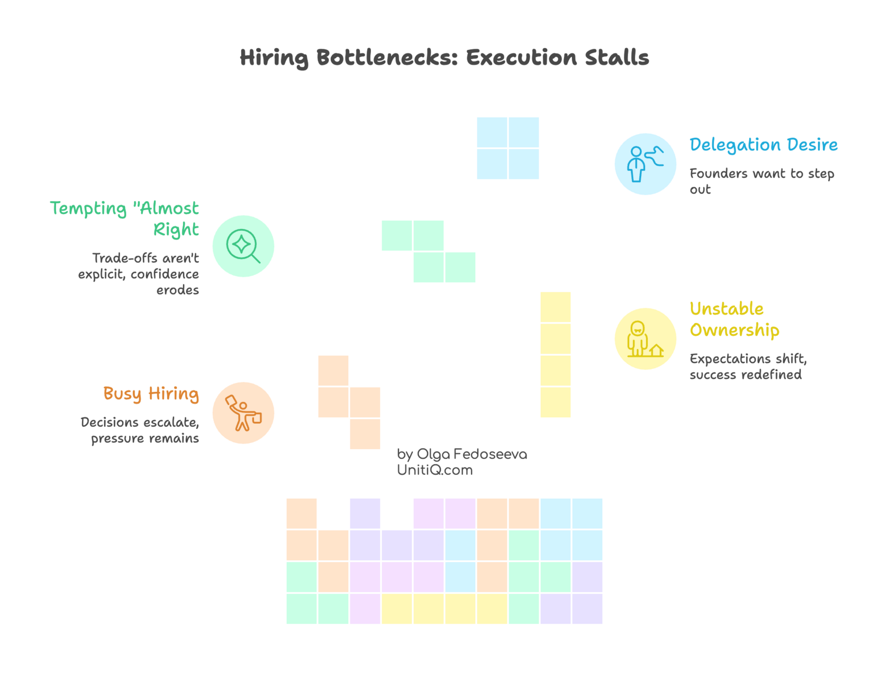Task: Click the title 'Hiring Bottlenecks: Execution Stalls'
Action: coord(444,58)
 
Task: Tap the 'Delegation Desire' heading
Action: coord(763,145)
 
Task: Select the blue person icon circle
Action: coord(645,164)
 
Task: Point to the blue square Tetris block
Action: coord(507,148)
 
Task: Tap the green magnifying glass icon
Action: coord(243,246)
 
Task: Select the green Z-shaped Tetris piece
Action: coord(429,251)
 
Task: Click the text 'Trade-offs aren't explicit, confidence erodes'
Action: coord(139,274)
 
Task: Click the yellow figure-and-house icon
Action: coord(645,339)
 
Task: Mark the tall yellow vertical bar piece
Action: coord(555,355)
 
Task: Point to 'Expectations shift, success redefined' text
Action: coord(747,366)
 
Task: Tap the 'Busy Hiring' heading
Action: coord(151,394)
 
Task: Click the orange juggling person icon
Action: coord(243,413)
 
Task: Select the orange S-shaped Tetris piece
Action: coord(349,402)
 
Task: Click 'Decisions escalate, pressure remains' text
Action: coord(140,430)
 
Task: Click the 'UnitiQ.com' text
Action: coord(434,470)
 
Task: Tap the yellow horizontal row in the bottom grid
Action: coord(444,609)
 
